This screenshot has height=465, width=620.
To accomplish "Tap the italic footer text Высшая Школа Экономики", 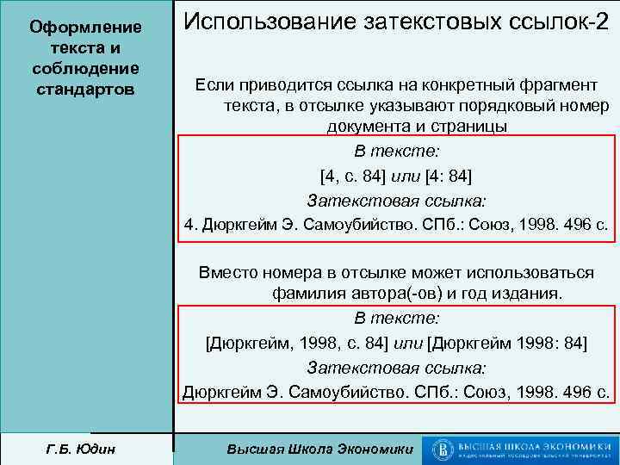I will (319, 449).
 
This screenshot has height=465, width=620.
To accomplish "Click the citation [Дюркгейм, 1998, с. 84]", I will (297, 343).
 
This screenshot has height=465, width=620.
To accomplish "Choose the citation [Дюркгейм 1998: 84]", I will (507, 343).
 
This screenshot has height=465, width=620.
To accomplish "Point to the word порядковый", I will (491, 106).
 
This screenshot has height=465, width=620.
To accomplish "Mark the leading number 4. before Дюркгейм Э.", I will (191, 226).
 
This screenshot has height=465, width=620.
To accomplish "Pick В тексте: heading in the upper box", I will (396, 152).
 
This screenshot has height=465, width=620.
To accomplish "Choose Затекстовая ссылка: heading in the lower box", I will (396, 368).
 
